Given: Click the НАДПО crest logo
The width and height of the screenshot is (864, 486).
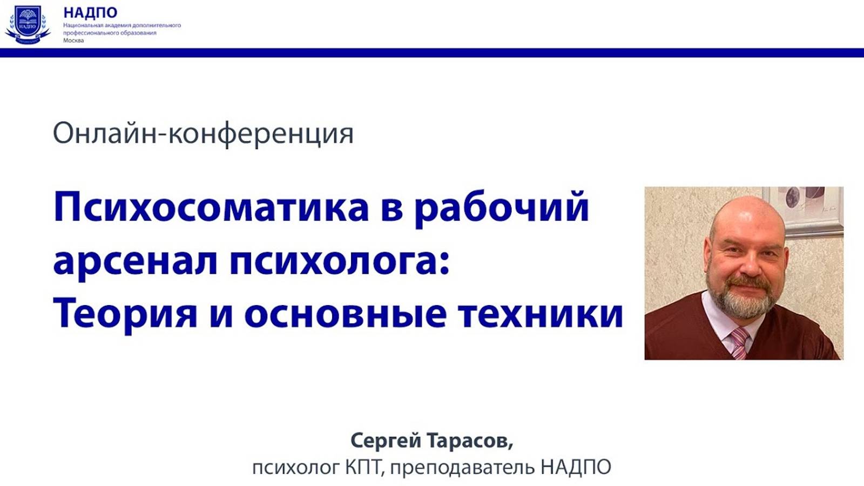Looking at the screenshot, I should coord(28,25).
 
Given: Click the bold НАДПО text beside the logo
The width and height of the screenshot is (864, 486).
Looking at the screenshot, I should coord(90,12).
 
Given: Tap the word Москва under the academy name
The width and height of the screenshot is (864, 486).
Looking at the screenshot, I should coord(73,40).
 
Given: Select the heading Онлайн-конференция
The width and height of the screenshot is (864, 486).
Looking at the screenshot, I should coord(203,133).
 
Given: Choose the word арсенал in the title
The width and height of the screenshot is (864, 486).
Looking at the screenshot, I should coord(135,261).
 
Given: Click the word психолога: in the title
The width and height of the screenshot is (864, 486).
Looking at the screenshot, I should coord(340,262).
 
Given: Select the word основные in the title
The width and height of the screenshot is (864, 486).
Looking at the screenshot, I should coord(345,314).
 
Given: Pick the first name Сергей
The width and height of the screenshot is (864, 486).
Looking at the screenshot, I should coord(386,441).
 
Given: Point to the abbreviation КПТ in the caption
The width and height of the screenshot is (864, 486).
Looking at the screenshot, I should coord(364,467).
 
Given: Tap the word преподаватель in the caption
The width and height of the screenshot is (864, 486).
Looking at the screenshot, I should coord(463,467).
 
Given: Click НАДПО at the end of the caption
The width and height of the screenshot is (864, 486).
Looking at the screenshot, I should coord(576,467).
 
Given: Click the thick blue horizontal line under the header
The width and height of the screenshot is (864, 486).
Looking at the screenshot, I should coord(432,52).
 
